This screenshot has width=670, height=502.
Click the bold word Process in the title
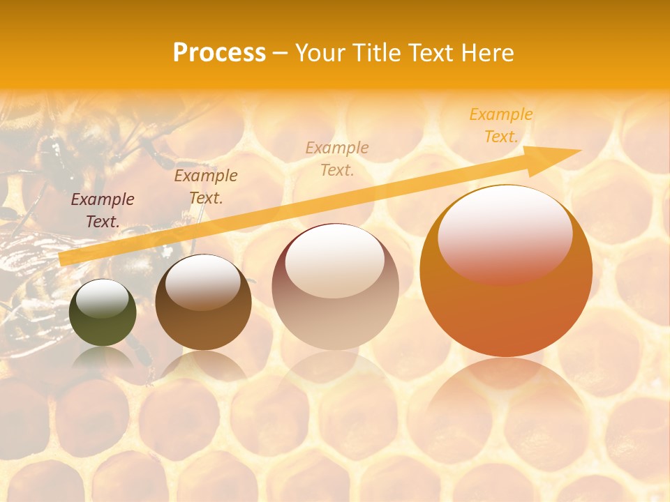219,53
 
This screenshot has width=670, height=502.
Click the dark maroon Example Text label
103,211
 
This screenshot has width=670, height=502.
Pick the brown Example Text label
206,187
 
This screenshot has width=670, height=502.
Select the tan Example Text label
337,158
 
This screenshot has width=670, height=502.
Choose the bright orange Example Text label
501,125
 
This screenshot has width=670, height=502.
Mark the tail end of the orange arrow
61,259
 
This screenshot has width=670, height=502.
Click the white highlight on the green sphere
103,299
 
